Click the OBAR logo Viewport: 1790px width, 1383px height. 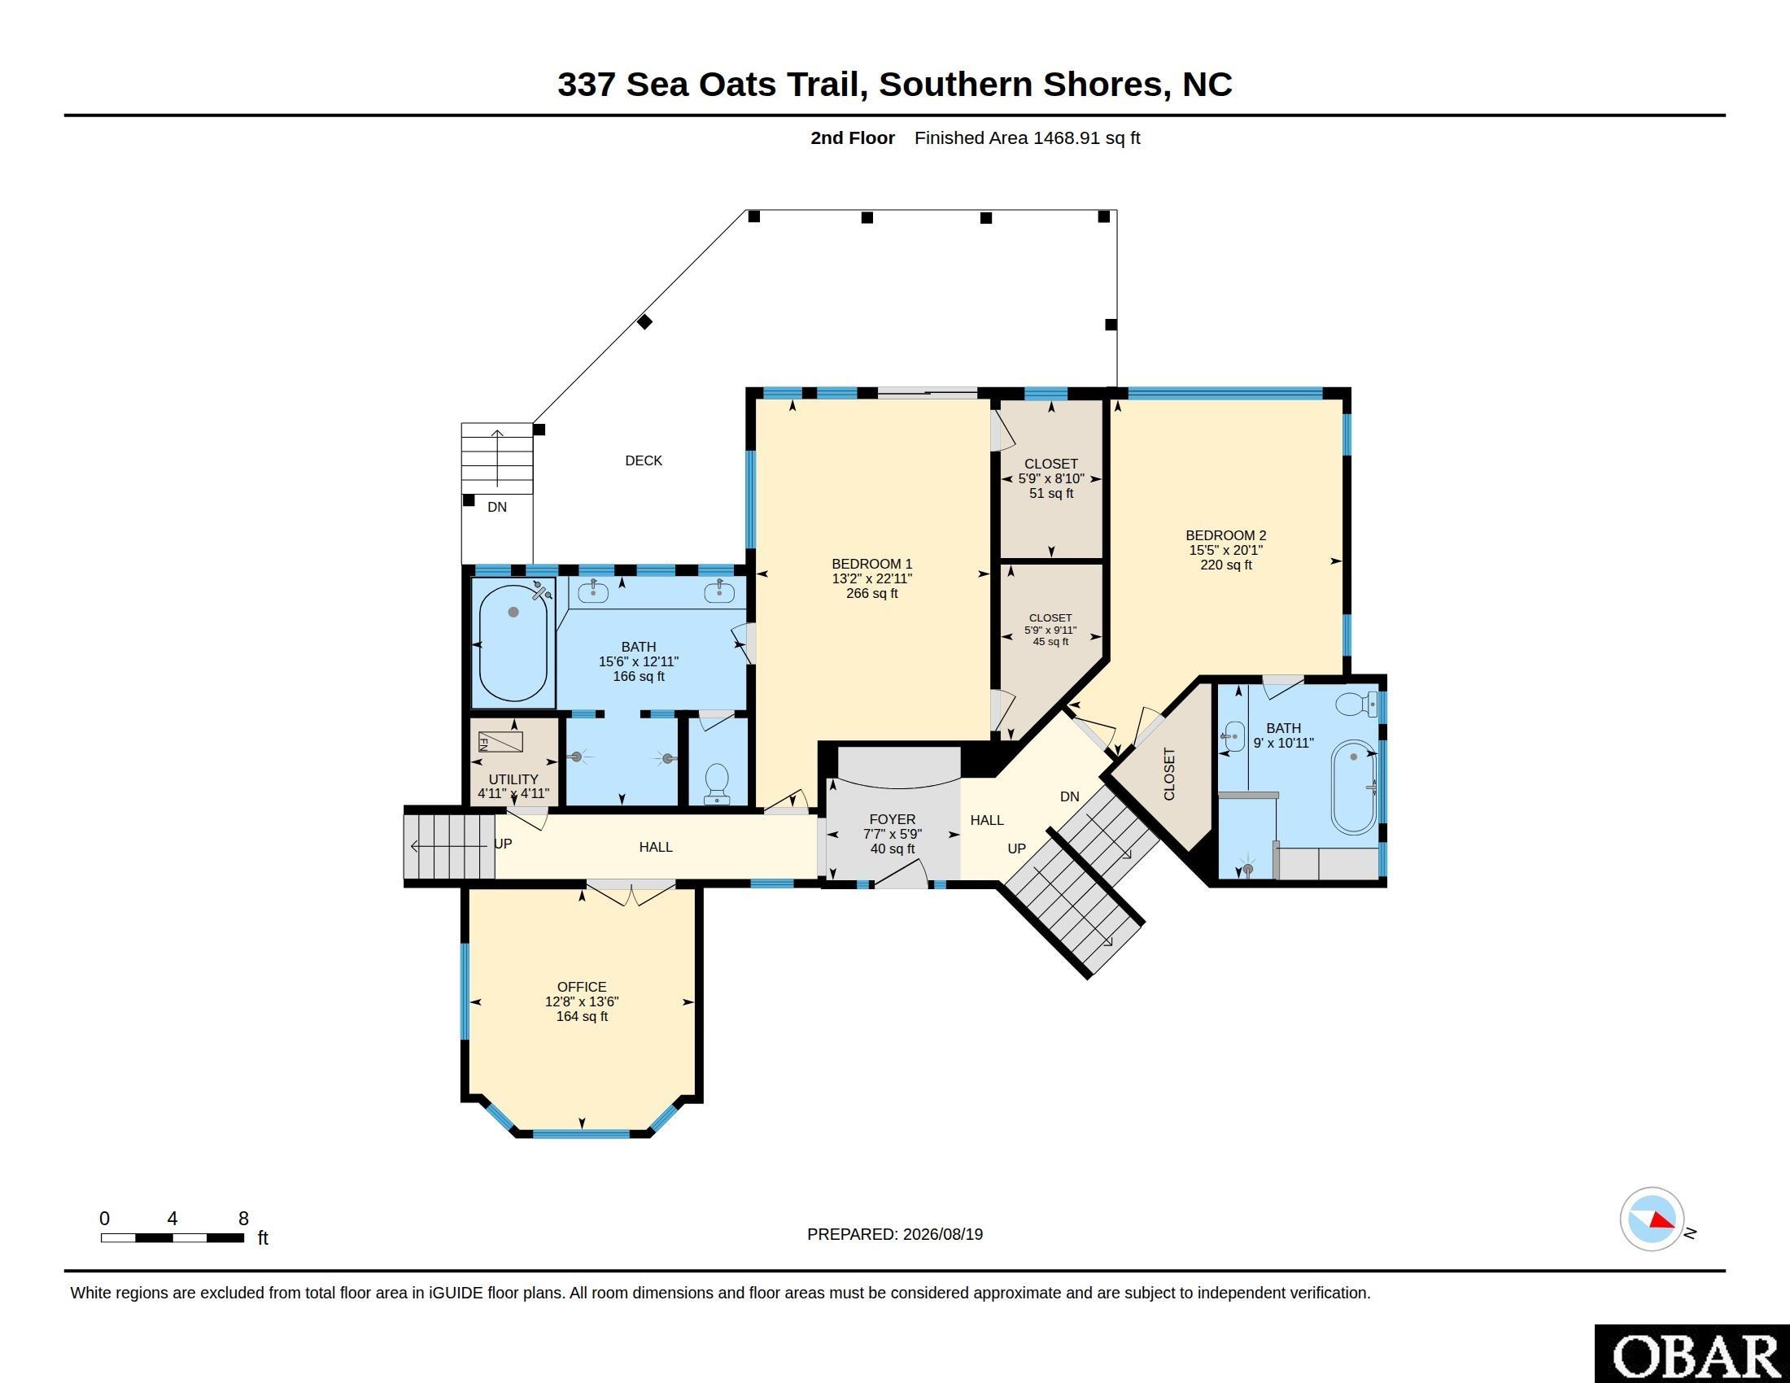1692,1354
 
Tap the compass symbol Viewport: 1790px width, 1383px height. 1652,1219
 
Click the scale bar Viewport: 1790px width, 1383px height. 172,1237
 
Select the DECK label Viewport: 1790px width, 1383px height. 644,460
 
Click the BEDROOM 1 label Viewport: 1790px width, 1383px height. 872,564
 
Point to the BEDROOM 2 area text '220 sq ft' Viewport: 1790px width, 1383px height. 1226,565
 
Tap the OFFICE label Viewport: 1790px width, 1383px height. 582,988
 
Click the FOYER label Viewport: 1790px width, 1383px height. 893,819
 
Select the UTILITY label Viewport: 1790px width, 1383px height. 514,779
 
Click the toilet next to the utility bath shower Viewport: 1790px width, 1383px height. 717,783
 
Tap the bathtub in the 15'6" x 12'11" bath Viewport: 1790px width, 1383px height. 513,639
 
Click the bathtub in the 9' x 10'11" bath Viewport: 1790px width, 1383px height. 1354,787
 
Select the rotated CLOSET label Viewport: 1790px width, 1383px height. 1169,774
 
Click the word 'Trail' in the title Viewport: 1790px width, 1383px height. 827,85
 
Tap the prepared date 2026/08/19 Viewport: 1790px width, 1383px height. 943,1234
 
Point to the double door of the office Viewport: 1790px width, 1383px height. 631,893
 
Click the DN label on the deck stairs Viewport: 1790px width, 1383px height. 497,507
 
